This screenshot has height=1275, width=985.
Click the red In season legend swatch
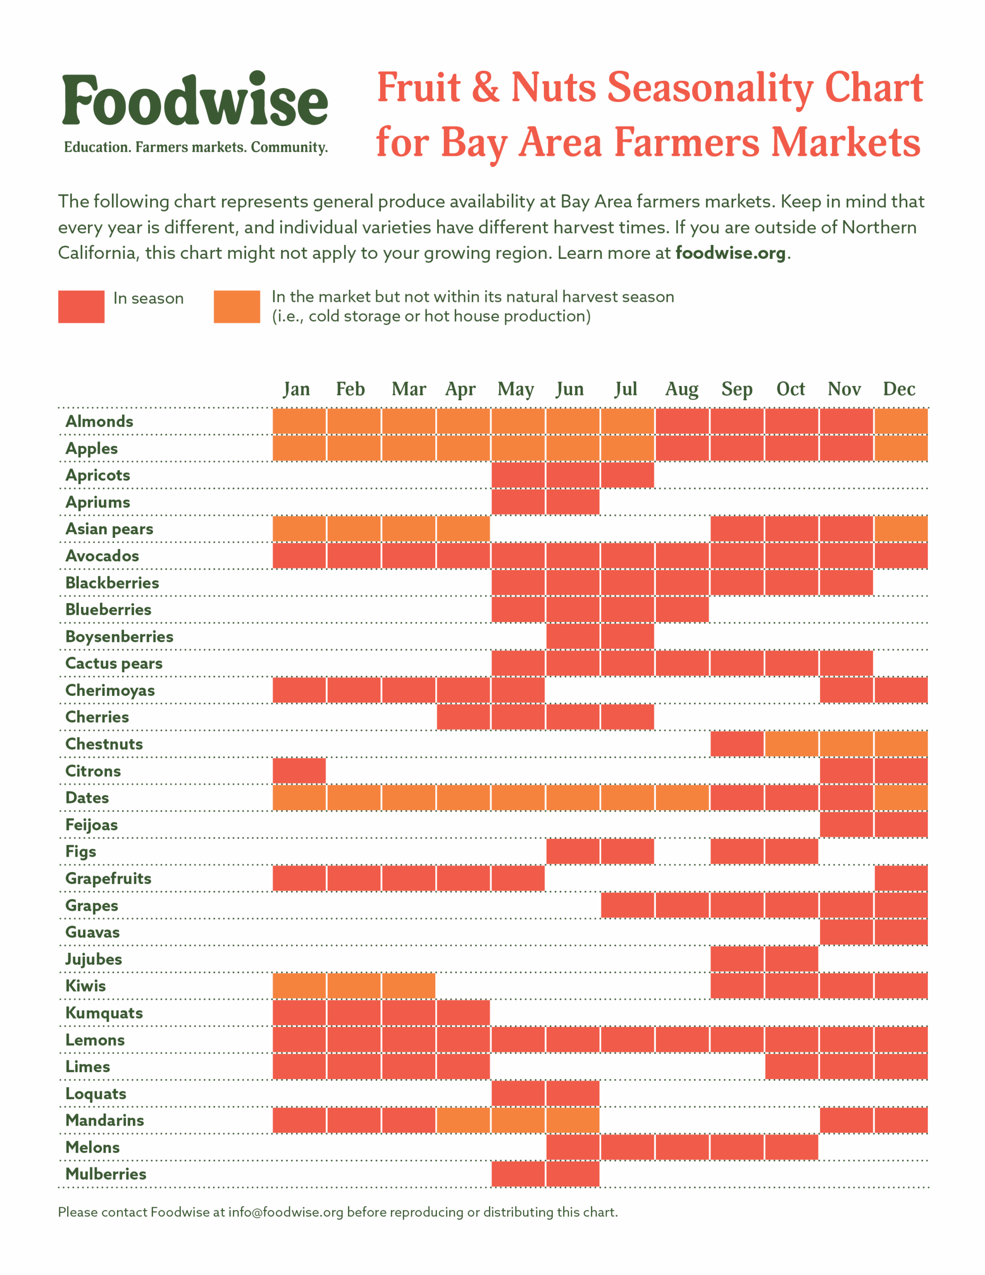pos(81,306)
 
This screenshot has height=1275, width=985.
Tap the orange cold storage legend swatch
pos(237,306)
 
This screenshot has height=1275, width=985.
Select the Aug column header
pos(681,389)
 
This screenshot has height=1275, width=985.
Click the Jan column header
pos(297,389)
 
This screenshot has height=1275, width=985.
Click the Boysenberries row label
pos(119,637)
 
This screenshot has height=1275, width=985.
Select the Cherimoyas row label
pos(110,690)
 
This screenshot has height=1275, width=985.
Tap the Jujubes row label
pos(94,959)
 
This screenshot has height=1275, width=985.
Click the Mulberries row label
pos(106,1173)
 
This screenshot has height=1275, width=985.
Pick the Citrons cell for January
pos(299,770)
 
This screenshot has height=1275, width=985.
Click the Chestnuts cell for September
pos(737,744)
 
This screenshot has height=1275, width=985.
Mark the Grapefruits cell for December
pos(900,878)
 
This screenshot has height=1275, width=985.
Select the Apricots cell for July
pos(627,475)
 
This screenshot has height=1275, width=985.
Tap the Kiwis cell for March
pos(408,986)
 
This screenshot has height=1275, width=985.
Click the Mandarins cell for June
pos(572,1120)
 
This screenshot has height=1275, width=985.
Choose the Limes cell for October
pos(791,1066)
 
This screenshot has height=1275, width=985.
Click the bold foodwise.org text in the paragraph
pos(730,253)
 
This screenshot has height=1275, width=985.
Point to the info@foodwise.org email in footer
pos(285,1212)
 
